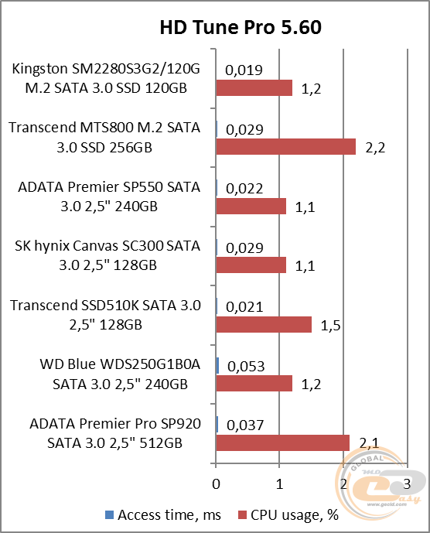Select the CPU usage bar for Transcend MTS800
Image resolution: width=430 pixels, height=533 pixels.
(285, 147)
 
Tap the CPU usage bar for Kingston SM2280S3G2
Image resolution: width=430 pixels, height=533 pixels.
(254, 87)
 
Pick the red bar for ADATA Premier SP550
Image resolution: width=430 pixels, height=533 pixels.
(251, 206)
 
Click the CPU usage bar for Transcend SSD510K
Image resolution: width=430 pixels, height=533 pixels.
(264, 324)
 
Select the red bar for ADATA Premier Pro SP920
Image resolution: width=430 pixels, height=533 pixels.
(283, 442)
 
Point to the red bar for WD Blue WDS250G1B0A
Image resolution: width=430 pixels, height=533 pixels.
(254, 384)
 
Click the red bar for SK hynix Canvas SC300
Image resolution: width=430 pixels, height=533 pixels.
(251, 265)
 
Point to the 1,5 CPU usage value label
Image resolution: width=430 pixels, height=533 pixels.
(330, 325)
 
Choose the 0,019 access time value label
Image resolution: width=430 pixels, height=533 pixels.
(244, 70)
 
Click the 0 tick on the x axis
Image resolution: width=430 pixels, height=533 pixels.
(216, 483)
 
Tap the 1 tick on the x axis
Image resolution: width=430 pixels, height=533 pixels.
(280, 483)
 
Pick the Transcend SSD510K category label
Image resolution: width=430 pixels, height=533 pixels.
(105, 315)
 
